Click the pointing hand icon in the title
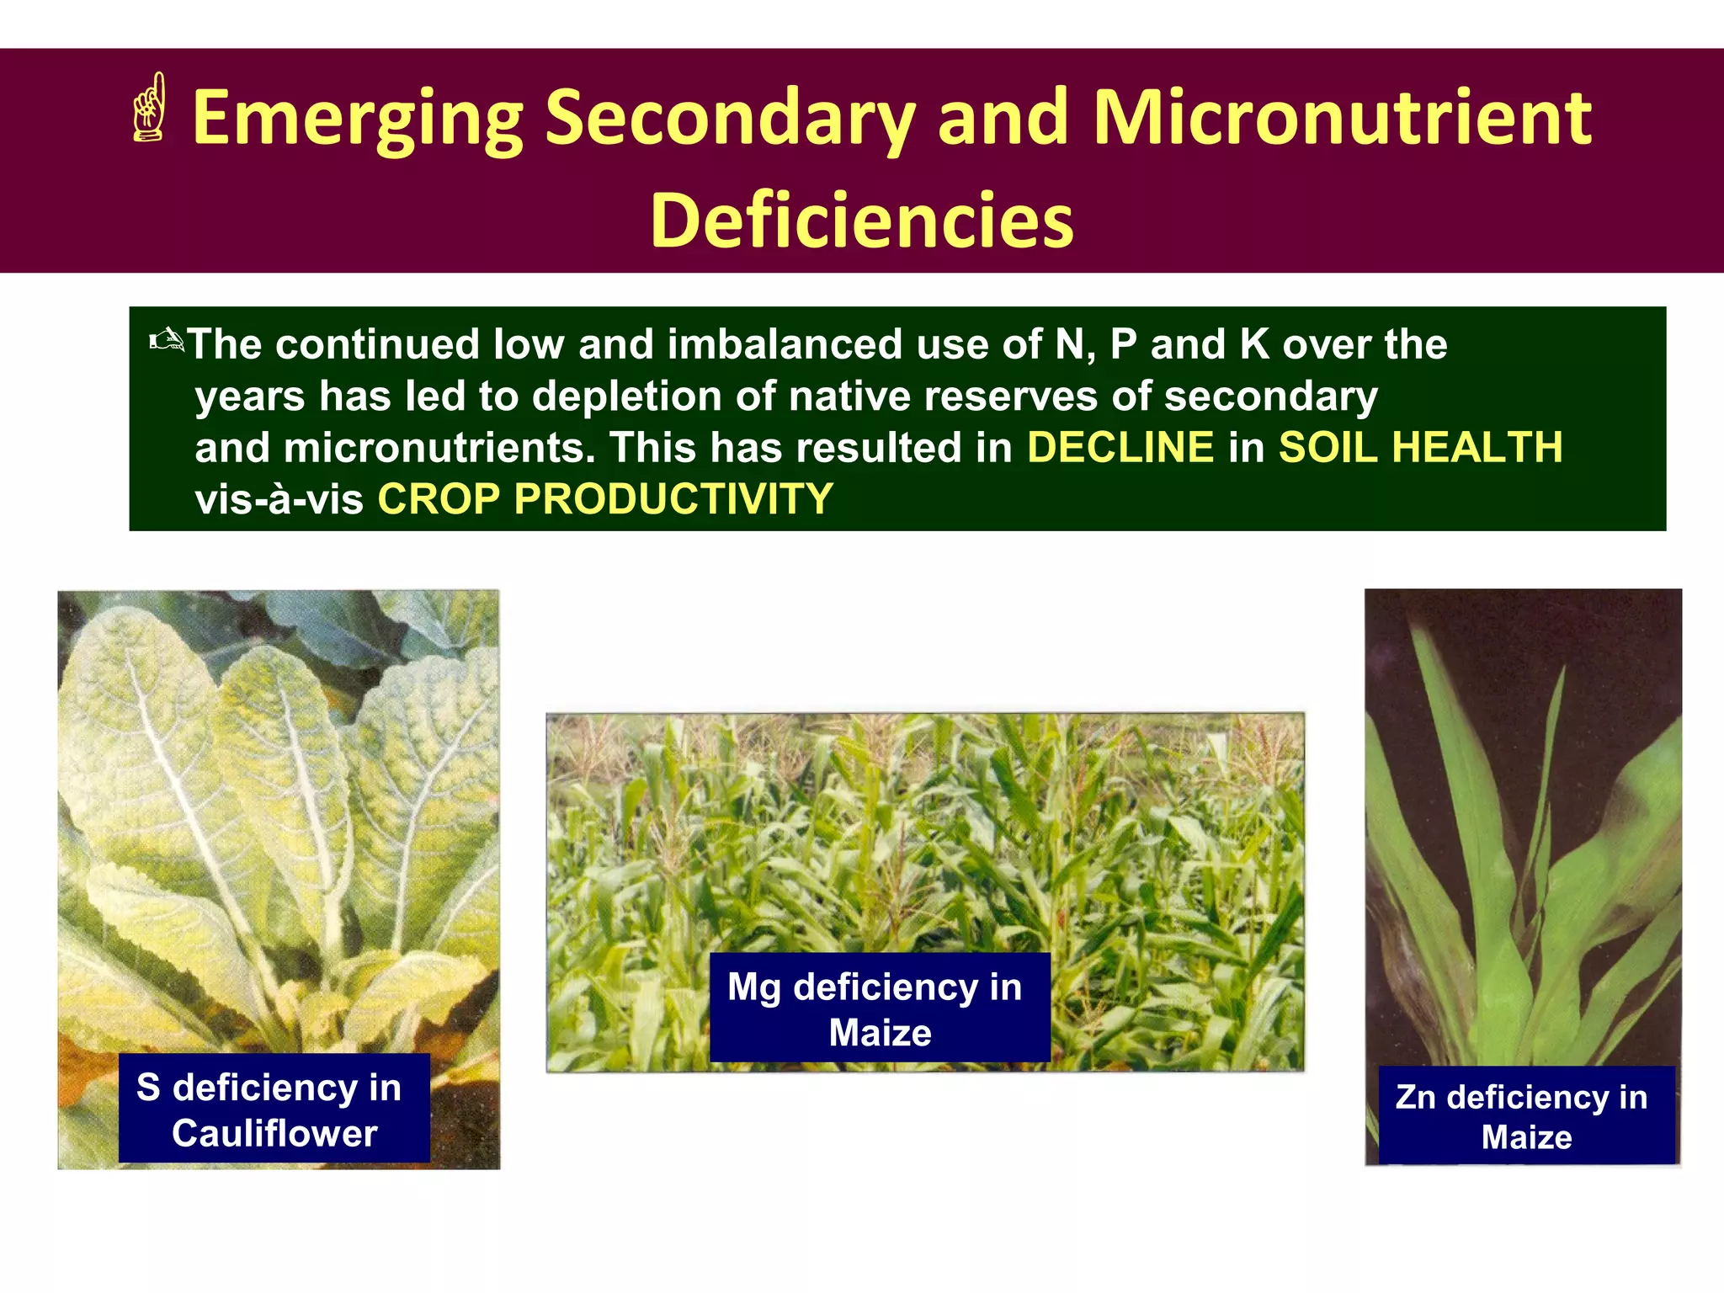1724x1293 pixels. (x=149, y=108)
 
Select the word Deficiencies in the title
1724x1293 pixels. (x=862, y=221)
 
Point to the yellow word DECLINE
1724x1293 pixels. (x=1120, y=447)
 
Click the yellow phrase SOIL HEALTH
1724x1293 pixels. (x=1420, y=447)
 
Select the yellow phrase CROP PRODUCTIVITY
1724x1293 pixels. (x=605, y=498)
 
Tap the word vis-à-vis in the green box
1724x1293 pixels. (x=279, y=498)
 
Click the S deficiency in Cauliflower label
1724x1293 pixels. (x=274, y=1109)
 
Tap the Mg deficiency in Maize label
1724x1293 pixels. (x=879, y=1008)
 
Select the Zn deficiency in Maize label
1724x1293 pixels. (x=1525, y=1115)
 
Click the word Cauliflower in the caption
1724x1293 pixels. (x=274, y=1133)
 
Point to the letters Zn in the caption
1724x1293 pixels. (x=1414, y=1097)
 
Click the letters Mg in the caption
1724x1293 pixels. (x=753, y=987)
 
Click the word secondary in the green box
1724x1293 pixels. (x=1269, y=396)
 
